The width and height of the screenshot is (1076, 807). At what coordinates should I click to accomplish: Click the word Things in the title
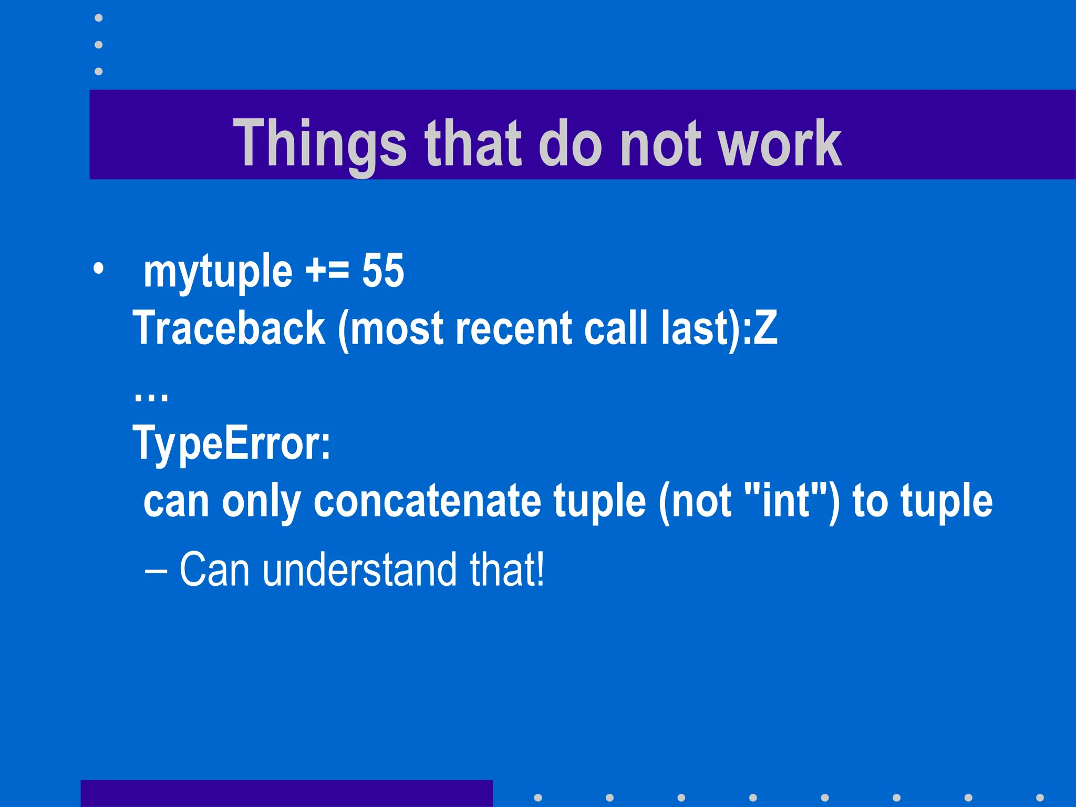click(x=319, y=143)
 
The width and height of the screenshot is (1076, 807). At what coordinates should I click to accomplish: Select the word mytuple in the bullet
click(x=218, y=272)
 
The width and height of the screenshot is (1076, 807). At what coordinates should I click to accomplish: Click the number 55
click(x=383, y=271)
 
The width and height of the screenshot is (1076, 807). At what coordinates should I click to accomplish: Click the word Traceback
click(x=229, y=328)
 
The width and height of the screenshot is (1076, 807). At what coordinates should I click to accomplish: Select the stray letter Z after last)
click(x=765, y=328)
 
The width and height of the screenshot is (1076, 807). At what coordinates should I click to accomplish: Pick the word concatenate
click(x=427, y=501)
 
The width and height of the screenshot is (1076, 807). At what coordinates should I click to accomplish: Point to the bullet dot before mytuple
click(x=98, y=270)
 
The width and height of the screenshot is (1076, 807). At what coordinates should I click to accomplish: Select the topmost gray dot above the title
click(x=98, y=18)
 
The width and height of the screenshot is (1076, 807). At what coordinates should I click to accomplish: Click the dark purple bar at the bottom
click(x=286, y=793)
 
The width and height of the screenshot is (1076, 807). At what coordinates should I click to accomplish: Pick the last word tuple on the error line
click(x=946, y=501)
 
